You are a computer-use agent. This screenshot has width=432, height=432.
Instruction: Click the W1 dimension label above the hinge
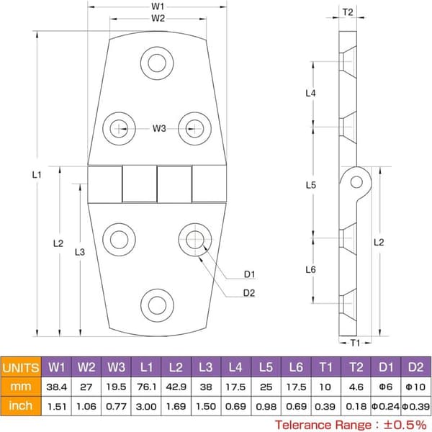(158, 6)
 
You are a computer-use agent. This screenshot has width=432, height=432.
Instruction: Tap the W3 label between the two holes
(159, 128)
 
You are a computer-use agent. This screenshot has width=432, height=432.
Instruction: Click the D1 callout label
(249, 274)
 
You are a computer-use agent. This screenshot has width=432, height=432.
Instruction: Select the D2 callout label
(249, 293)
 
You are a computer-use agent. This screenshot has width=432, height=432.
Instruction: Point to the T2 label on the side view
(348, 12)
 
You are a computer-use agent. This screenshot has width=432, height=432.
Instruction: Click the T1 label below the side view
(355, 343)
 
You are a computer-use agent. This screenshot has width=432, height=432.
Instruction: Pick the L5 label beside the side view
(311, 185)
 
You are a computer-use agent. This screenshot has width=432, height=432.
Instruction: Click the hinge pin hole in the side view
(356, 182)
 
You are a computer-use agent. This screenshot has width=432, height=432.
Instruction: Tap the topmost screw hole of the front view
(157, 63)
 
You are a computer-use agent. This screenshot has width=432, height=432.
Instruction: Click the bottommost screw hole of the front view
(157, 305)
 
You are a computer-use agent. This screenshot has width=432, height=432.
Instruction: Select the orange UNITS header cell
(21, 367)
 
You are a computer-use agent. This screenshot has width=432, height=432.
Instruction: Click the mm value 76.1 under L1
(146, 387)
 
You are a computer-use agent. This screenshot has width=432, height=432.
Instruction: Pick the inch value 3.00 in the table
(146, 406)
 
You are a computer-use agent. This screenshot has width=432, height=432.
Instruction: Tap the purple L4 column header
(236, 367)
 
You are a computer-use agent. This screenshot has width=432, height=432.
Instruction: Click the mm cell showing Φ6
(386, 387)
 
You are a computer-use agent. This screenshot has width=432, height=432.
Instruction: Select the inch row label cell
(21, 406)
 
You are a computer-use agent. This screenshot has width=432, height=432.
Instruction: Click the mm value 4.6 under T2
(356, 387)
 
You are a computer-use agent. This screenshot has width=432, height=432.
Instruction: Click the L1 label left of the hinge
(37, 175)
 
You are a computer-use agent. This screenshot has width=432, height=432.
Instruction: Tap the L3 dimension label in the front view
(80, 252)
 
